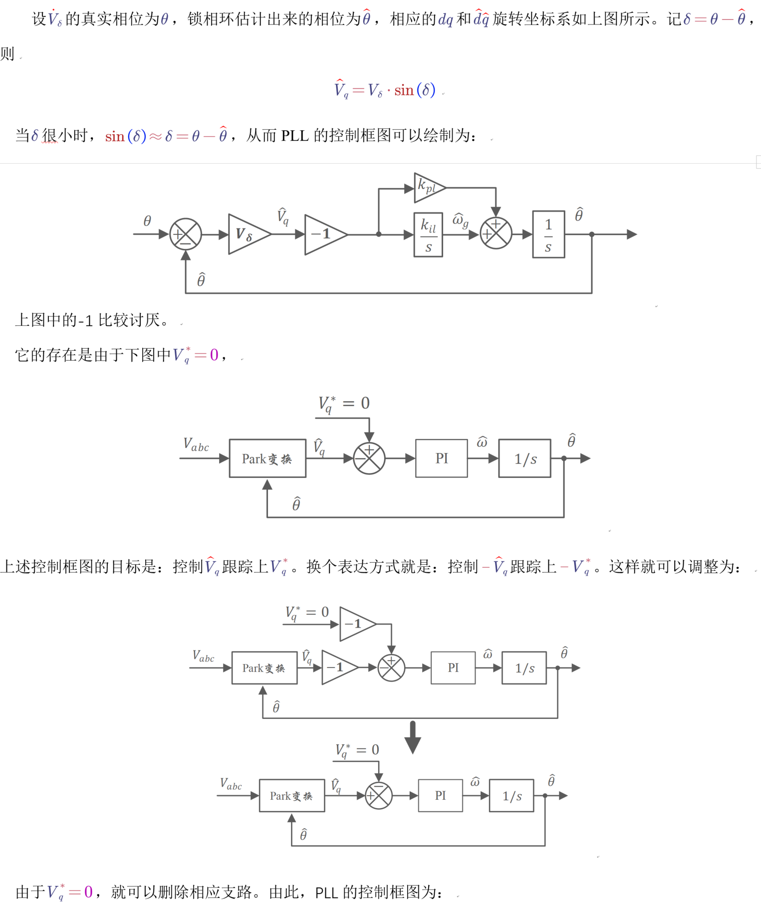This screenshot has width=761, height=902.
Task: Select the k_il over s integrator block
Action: click(428, 234)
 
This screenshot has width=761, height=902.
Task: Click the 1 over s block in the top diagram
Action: click(548, 234)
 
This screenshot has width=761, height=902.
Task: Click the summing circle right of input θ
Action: click(186, 234)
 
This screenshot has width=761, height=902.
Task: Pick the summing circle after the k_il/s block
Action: click(496, 233)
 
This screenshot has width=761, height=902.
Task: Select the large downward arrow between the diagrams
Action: click(413, 737)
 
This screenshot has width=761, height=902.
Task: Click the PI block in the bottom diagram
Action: click(440, 796)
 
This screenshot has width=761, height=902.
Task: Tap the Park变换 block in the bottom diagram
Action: click(291, 796)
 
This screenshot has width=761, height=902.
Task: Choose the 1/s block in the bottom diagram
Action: click(511, 796)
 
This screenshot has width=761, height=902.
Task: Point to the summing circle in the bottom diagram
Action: click(379, 796)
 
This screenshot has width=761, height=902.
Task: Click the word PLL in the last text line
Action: click(326, 892)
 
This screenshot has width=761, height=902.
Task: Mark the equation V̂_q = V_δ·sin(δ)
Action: click(385, 90)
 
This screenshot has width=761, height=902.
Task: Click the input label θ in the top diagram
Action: click(147, 221)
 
